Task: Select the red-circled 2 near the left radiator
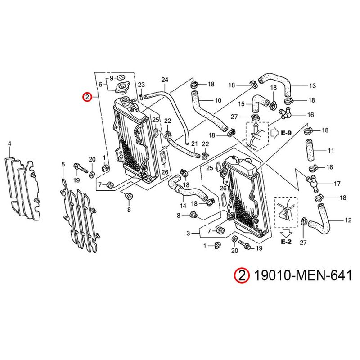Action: point(87,96)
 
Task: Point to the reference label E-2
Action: point(286,242)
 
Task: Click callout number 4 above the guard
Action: point(9,144)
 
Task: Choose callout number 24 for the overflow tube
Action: point(164,81)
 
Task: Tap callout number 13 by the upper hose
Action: point(312,85)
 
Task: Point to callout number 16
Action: point(310,115)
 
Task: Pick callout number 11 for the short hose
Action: point(330,150)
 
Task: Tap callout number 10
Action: point(218,100)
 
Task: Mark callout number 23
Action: point(141,85)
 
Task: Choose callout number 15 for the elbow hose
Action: point(242,104)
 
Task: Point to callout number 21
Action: point(194,144)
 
